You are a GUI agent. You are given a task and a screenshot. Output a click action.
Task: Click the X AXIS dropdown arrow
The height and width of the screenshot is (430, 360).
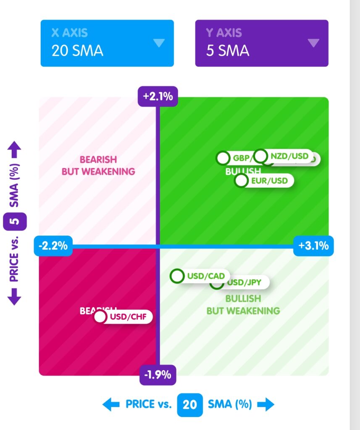click(x=159, y=43)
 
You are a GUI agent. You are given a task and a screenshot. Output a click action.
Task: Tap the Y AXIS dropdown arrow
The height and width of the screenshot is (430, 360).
click(x=313, y=43)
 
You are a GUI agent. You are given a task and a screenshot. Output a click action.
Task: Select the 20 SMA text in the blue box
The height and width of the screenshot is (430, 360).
click(x=77, y=50)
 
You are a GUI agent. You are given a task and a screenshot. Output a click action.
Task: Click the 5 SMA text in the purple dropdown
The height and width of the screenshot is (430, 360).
click(x=227, y=50)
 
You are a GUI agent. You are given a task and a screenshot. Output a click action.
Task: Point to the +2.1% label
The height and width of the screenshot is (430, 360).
click(x=158, y=97)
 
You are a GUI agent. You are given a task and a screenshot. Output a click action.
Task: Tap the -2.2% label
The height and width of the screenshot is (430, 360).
click(x=53, y=246)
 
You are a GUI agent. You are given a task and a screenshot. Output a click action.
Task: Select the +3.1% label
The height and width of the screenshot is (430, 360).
click(x=313, y=246)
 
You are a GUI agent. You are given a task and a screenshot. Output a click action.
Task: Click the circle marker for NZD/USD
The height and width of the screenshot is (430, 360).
click(x=261, y=156)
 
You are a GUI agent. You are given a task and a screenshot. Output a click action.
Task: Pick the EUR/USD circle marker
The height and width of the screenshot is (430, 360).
click(x=241, y=181)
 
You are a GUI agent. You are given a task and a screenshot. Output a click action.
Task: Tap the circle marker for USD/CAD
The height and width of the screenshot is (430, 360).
click(x=177, y=276)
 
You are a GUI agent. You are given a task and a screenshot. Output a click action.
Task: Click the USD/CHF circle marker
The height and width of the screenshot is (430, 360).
click(x=100, y=317)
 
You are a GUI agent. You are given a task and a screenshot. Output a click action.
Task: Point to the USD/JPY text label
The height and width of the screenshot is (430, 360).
click(x=244, y=283)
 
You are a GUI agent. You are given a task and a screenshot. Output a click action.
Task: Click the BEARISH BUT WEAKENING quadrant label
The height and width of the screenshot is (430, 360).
click(x=98, y=165)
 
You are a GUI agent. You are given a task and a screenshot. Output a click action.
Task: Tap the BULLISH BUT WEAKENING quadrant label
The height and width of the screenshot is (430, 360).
click(x=243, y=304)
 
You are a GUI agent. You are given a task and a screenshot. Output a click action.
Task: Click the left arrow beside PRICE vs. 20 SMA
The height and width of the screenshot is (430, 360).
click(x=110, y=404)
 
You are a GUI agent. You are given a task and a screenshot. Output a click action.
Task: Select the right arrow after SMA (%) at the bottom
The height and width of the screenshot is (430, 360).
click(x=265, y=404)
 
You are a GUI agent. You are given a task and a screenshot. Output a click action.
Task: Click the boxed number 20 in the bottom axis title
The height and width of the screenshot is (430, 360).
click(x=190, y=404)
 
